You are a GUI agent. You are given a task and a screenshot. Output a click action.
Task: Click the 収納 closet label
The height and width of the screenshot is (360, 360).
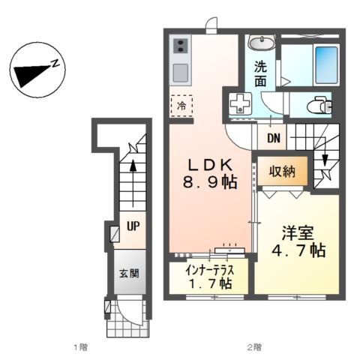click(x=283, y=172)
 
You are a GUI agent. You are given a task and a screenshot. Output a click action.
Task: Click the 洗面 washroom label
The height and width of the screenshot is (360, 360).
click(x=259, y=73)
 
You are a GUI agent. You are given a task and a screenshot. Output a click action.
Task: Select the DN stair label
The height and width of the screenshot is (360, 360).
click(x=274, y=139)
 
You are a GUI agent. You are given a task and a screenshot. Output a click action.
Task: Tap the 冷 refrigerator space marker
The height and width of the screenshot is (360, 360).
click(x=181, y=106)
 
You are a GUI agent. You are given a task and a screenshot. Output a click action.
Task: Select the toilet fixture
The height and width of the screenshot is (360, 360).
click(x=321, y=105)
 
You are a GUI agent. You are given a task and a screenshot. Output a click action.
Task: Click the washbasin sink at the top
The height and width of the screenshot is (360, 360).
click(x=261, y=43)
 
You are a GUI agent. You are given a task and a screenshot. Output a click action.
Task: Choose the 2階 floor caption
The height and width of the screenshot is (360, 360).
click(x=253, y=347)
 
